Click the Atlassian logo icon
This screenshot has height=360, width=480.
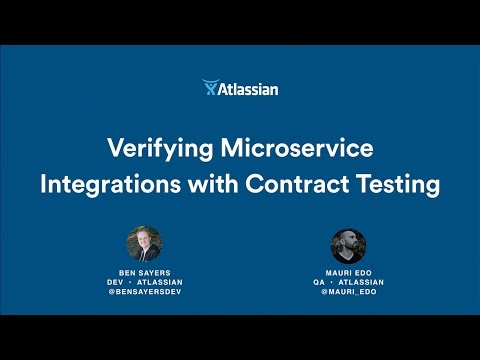(x=210, y=88)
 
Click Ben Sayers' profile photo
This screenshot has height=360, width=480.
(x=144, y=245)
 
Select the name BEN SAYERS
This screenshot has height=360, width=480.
(x=144, y=273)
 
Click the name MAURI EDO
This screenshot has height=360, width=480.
(x=348, y=273)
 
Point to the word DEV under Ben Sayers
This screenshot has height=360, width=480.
(x=118, y=283)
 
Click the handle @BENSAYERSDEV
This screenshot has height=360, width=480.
(x=144, y=294)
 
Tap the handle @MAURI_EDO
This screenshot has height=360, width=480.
(x=348, y=294)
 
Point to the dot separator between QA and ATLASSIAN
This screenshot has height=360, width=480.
(x=335, y=283)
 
